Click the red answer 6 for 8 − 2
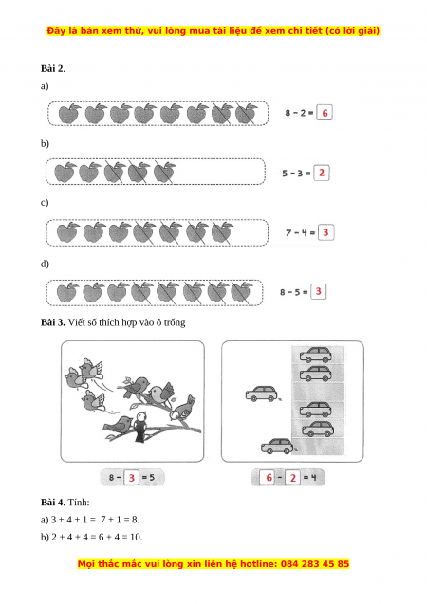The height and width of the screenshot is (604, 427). tap(325, 113)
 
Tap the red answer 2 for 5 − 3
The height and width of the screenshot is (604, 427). tap(322, 173)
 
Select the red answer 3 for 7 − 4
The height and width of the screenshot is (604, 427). tap(325, 232)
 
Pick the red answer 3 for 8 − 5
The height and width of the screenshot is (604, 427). tap(318, 291)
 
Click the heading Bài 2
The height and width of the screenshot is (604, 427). tap(52, 68)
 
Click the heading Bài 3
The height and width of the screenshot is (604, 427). tap(53, 322)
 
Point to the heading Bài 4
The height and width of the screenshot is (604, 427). tap(53, 503)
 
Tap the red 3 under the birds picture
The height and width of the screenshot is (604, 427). tap(131, 478)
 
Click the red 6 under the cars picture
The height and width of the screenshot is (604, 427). tap(269, 478)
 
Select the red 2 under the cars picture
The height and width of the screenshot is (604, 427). tap(293, 478)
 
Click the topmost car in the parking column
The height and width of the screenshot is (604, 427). tap(316, 355)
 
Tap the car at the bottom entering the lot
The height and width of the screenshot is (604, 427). tap(277, 446)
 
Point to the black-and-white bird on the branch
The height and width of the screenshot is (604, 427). tap(140, 427)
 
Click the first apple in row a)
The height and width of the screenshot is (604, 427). tap(69, 113)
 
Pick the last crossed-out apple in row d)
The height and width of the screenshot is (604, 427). tap(242, 293)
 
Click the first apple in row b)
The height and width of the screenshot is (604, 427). tap(65, 173)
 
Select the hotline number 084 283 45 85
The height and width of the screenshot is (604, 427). tap(315, 564)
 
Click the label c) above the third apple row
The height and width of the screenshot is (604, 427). tap(45, 203)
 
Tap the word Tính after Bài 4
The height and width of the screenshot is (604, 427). tap(78, 503)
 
